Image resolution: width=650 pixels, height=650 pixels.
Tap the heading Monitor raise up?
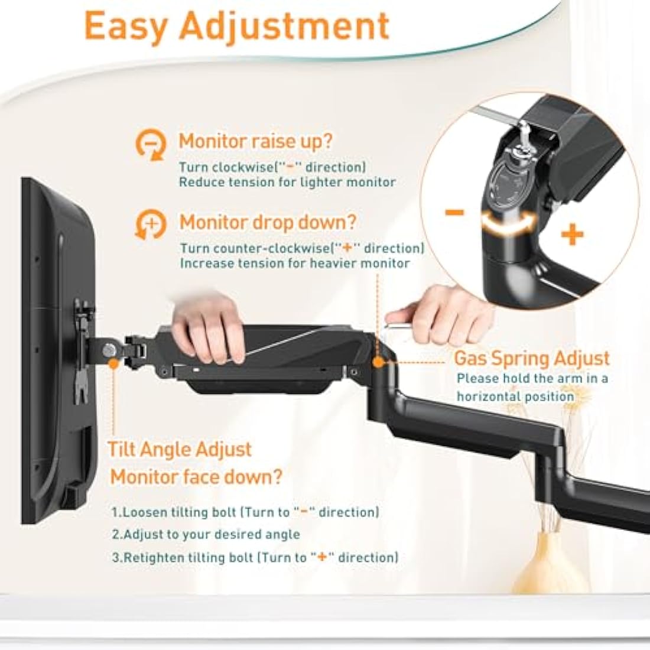[255, 142]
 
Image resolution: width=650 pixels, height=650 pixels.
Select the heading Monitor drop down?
[268, 222]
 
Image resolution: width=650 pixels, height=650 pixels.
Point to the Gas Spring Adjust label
[531, 358]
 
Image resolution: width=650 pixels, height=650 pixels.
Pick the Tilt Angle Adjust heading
[180, 449]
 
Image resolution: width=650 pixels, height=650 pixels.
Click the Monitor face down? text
[196, 476]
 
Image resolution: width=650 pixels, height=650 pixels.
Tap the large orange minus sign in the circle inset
[454, 213]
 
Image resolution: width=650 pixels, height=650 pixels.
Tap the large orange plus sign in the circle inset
[571, 235]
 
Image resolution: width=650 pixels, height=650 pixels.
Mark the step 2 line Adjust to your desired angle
[206, 535]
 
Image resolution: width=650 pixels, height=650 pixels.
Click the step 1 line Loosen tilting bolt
[245, 512]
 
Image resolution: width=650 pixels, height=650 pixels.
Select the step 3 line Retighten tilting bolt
[255, 557]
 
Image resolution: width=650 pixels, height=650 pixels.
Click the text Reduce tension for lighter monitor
[287, 182]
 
